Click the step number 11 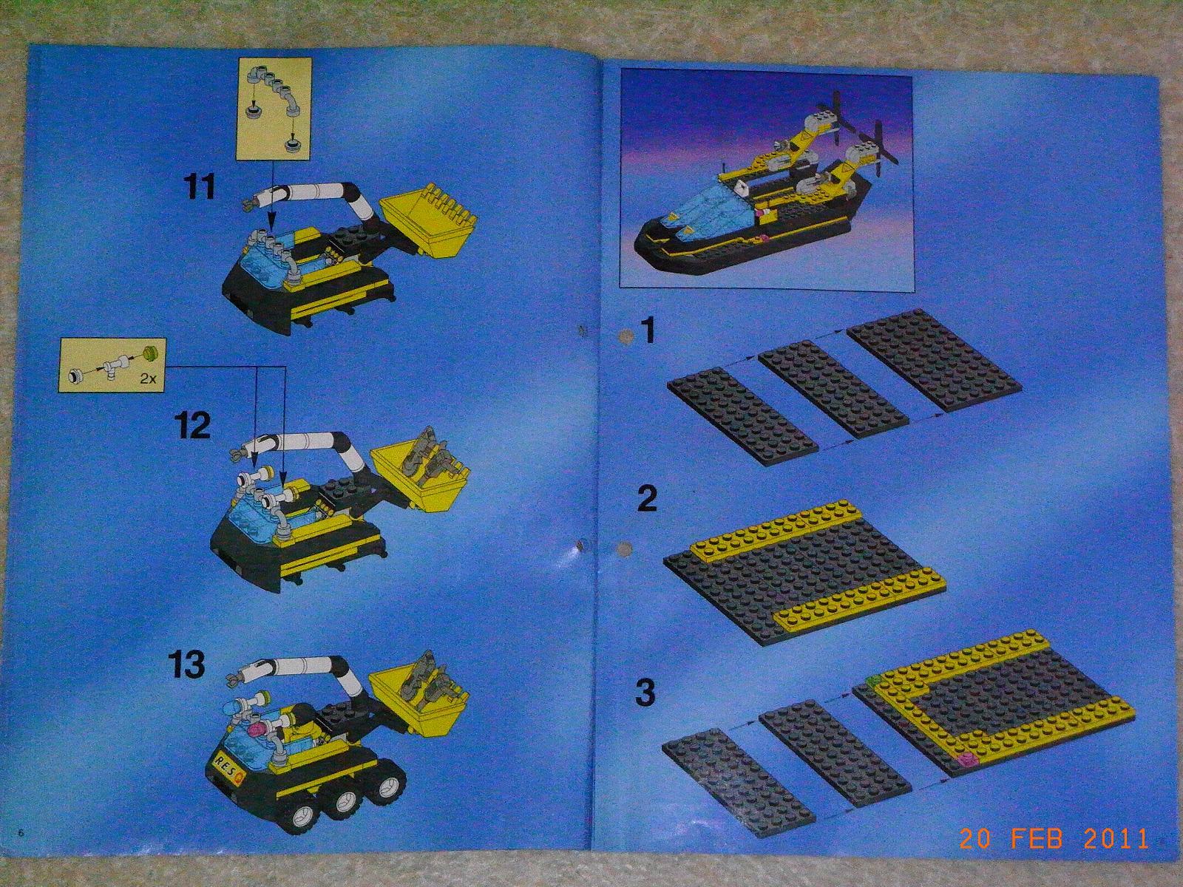pos(200,186)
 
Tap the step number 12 pos(192,427)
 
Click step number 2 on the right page pos(647,499)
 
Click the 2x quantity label pos(148,378)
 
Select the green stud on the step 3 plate pos(874,682)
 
